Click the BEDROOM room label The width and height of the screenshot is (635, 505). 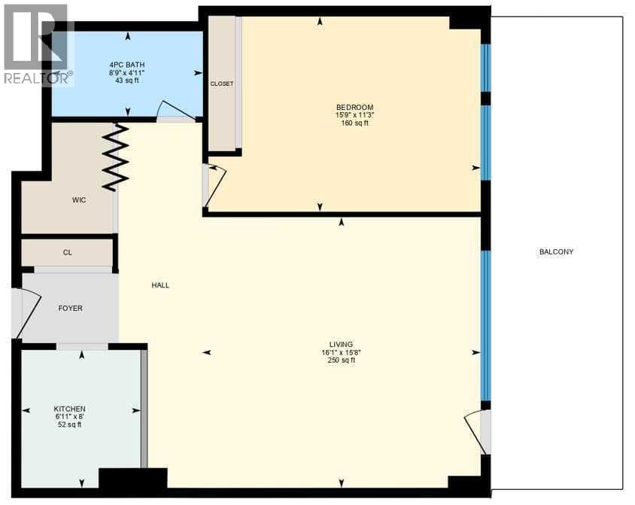pyautogui.click(x=355, y=108)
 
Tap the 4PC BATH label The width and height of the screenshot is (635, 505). pyautogui.click(x=127, y=65)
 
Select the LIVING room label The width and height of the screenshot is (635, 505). pyautogui.click(x=342, y=345)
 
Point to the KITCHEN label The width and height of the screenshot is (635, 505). pyautogui.click(x=70, y=409)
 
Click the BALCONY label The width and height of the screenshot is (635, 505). pyautogui.click(x=557, y=252)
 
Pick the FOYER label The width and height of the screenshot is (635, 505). pyautogui.click(x=71, y=309)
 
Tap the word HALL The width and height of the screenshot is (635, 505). pyautogui.click(x=160, y=285)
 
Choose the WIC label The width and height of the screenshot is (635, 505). pyautogui.click(x=79, y=200)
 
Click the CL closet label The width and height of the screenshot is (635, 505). pyautogui.click(x=67, y=253)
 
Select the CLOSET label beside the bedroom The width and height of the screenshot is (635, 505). pyautogui.click(x=222, y=84)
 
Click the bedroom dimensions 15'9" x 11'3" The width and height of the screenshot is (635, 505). pyautogui.click(x=355, y=115)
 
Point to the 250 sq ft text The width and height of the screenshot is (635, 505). pyautogui.click(x=342, y=360)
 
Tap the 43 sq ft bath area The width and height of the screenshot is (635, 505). pyautogui.click(x=127, y=81)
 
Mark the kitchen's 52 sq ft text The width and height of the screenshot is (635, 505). pyautogui.click(x=70, y=424)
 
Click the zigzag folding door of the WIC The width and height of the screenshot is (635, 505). pyautogui.click(x=116, y=157)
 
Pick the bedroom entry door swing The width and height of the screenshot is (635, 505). pyautogui.click(x=217, y=184)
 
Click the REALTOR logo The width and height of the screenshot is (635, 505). pyautogui.click(x=38, y=44)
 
